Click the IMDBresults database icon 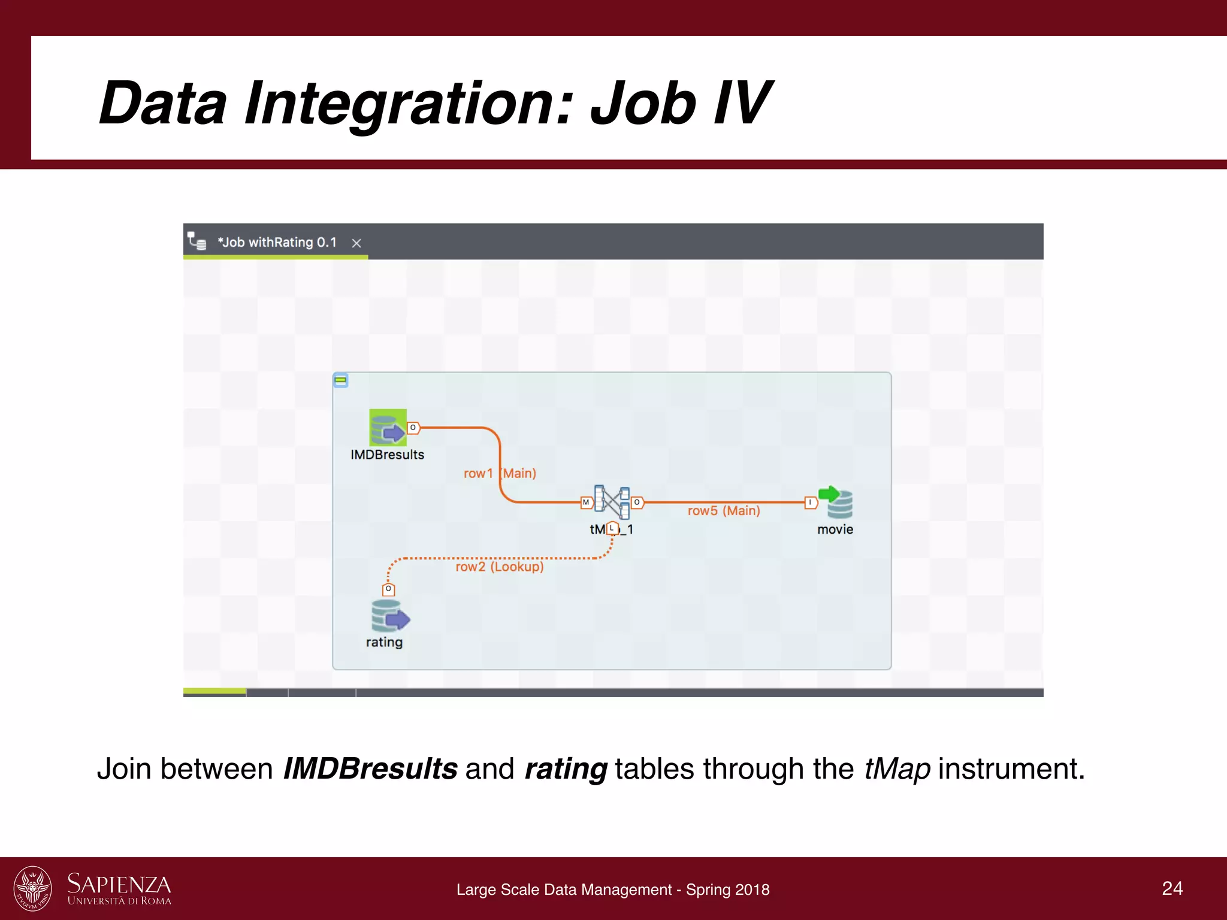(388, 427)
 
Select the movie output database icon (837, 502)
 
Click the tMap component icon (612, 502)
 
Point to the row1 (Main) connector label (500, 473)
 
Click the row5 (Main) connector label (724, 511)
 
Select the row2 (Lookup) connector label (500, 567)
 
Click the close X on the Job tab (356, 243)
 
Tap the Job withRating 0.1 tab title (277, 243)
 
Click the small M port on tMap (586, 503)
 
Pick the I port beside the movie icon (810, 503)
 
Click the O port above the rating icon (388, 589)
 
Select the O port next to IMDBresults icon (413, 428)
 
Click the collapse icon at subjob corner (341, 380)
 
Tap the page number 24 (1172, 888)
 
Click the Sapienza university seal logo (33, 888)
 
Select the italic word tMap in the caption (897, 769)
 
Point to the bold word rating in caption (566, 769)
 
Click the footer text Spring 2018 (727, 889)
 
